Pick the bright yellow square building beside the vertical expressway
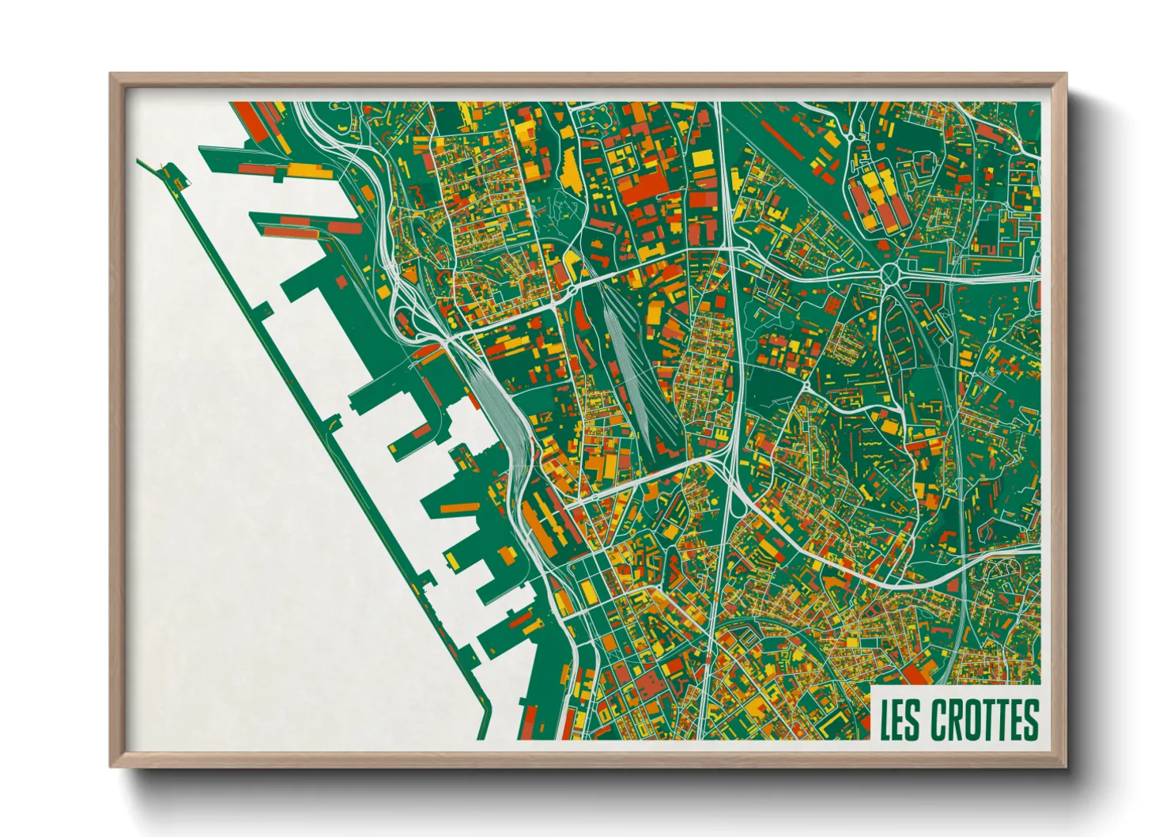click(703, 158)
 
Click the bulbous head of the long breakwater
click(178, 179)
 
